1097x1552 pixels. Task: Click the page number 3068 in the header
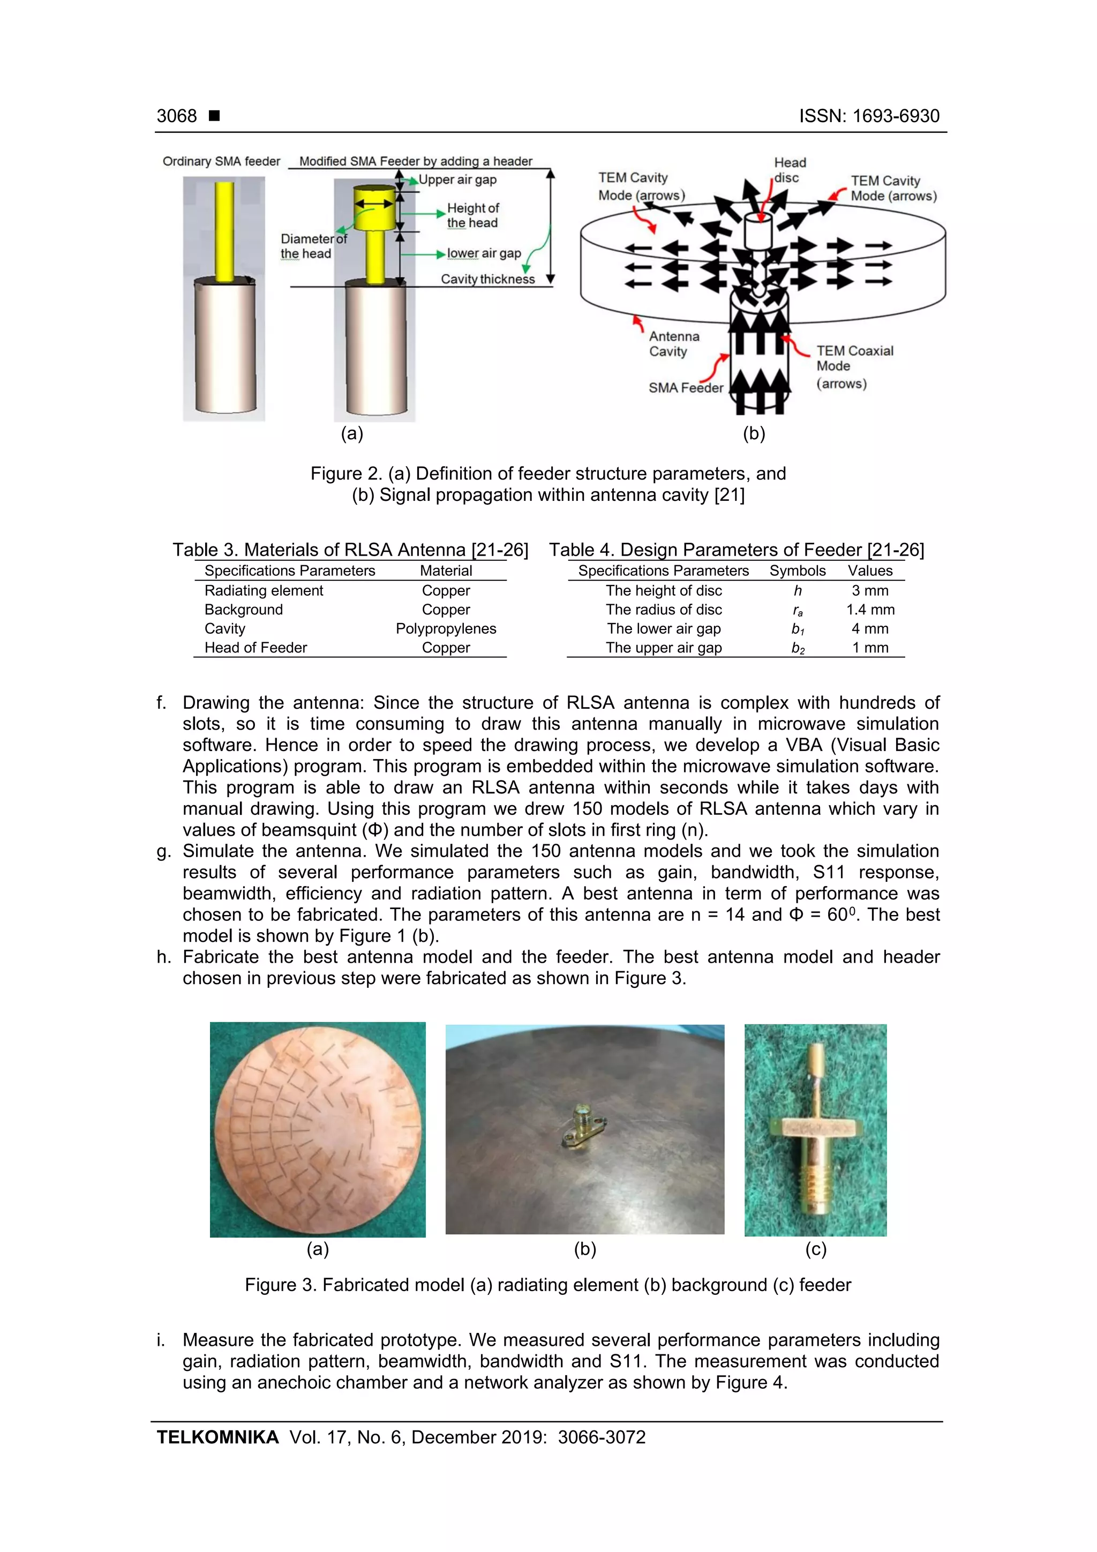176,116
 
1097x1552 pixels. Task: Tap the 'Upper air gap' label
457,180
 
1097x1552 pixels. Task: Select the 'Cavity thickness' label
487,279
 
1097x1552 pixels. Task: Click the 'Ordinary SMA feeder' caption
221,162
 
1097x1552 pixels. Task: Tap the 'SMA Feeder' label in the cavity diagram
686,388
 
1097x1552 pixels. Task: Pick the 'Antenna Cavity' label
673,344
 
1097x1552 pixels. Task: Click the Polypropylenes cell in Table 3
446,628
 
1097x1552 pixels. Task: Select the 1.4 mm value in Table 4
870,610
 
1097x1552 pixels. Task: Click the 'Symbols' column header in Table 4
797,571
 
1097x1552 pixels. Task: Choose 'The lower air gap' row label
663,628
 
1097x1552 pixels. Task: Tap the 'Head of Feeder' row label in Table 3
256,648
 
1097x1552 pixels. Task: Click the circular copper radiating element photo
318,1129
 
